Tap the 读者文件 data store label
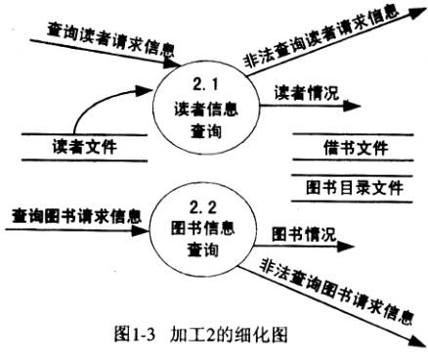85,148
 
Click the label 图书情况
303,234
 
